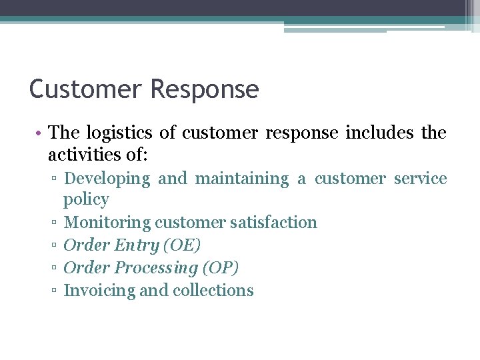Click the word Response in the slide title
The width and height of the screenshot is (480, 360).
(205, 89)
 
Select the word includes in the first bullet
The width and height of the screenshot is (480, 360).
(379, 133)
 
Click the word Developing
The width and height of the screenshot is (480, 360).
(107, 179)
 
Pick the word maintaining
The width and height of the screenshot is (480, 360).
(241, 179)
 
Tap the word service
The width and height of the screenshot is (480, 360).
(420, 179)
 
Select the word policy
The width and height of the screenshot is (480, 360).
(86, 199)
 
